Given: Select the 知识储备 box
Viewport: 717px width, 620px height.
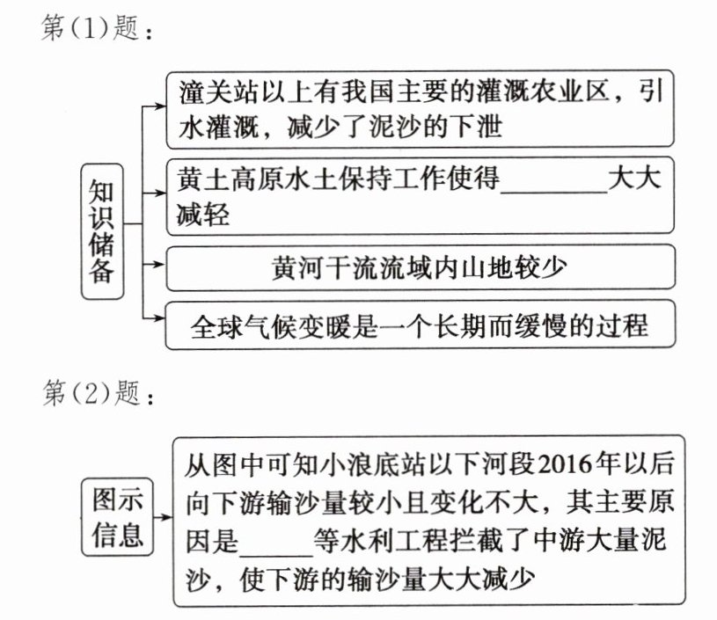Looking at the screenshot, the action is coord(102,231).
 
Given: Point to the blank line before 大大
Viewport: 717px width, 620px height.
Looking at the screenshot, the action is coord(554,180).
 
